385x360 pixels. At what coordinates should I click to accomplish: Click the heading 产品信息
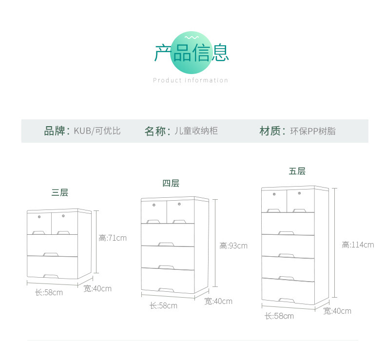coord(191,53)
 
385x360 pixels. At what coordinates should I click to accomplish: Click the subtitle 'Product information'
coord(191,80)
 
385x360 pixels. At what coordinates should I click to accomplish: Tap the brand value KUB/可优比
coord(97,131)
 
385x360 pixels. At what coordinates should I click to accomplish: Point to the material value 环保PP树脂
coord(313,131)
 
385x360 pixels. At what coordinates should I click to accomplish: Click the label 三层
coord(59,192)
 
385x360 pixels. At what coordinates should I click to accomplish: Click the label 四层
coord(171,183)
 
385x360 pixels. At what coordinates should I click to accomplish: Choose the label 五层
coord(297,171)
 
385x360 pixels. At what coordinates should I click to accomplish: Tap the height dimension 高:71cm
coord(113,238)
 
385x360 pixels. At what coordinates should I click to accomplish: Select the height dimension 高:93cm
coord(233,246)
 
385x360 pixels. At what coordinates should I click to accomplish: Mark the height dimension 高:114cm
coord(358,245)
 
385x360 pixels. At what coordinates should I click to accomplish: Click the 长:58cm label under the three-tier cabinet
coord(49,293)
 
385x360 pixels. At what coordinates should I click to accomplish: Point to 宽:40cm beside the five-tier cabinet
coord(337,311)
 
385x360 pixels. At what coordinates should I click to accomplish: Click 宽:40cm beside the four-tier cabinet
coord(218,302)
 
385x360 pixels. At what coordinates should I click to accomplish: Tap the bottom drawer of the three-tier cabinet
coord(52,267)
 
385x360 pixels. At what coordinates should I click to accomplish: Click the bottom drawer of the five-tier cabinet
coord(288,291)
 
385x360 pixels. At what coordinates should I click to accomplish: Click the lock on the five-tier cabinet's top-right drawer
coord(299,194)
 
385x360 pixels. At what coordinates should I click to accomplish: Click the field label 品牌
coord(55,131)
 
